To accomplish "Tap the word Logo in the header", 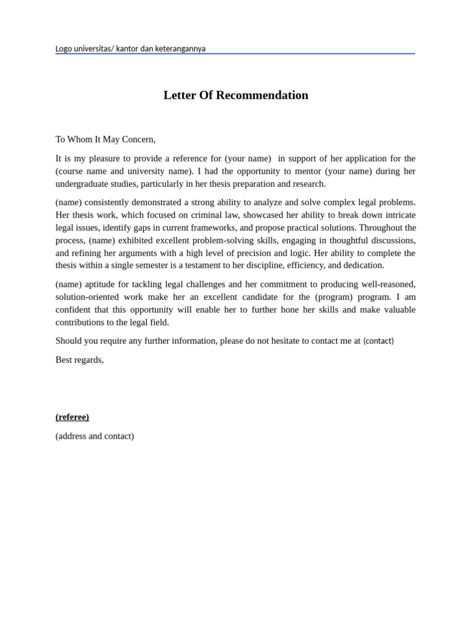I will [65, 49].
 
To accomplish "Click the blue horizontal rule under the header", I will [235, 54].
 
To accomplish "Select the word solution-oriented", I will [91, 297].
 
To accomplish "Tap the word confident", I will [75, 310].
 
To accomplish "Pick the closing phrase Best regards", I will [79, 360].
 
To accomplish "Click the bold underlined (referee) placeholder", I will [72, 417].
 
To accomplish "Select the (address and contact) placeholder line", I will [95, 436].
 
